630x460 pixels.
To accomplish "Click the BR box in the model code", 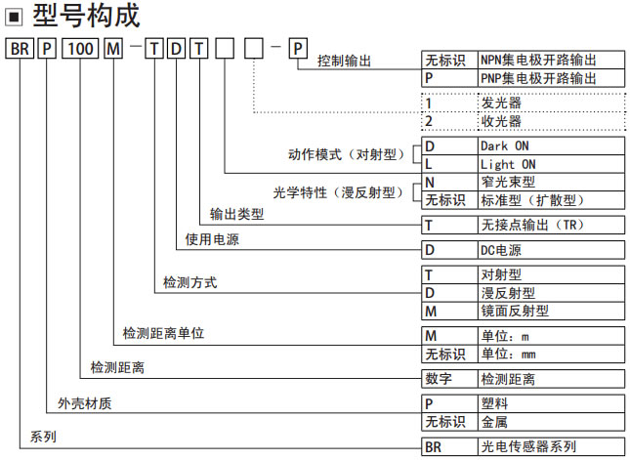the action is pos(20,49).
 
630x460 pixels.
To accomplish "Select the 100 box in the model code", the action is pos(80,49).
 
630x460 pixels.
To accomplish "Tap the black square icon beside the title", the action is pos(14,17).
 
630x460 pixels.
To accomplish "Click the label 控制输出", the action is pos(344,62).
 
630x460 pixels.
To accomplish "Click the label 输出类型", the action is pos(236,214).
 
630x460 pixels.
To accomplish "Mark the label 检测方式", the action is pos(190,282).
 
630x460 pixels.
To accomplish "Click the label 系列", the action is pos(43,437).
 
